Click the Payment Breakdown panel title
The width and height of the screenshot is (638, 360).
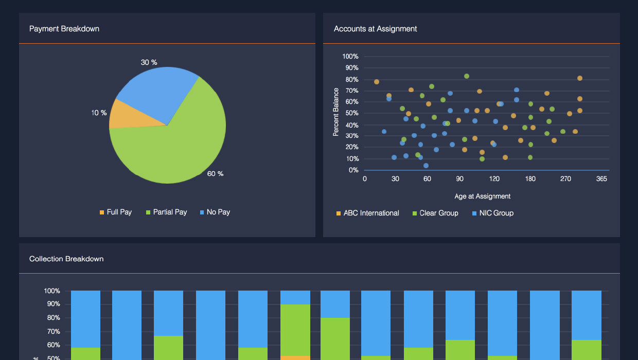[64, 29]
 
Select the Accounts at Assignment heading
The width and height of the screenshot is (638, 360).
[375, 29]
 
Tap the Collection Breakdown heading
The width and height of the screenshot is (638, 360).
[66, 259]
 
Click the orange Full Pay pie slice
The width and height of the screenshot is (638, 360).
[123, 114]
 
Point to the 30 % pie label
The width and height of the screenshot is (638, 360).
[149, 62]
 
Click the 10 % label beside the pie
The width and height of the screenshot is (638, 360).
[99, 113]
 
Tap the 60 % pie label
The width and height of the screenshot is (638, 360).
[215, 174]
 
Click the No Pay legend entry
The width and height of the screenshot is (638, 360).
[215, 212]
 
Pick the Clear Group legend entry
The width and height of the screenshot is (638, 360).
[435, 213]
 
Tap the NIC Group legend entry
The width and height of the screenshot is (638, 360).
[492, 213]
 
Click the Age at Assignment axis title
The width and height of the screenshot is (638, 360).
[482, 196]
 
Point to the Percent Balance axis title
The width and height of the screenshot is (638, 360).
[336, 112]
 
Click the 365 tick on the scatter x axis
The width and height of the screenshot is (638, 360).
[601, 179]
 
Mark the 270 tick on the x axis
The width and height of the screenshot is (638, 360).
[565, 179]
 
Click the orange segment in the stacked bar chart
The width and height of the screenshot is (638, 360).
[295, 357]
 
